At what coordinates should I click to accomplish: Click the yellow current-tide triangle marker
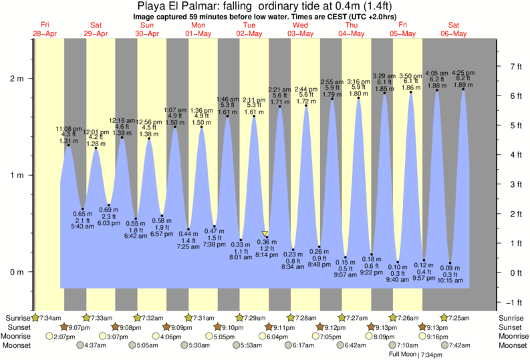(265, 234)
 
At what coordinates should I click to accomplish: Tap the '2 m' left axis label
(16, 78)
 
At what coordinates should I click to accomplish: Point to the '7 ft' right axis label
(515, 66)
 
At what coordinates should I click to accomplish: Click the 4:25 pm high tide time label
(464, 72)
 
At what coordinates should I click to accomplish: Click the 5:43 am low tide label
(83, 227)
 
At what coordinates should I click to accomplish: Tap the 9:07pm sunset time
(78, 327)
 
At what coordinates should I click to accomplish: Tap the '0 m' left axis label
(16, 272)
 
